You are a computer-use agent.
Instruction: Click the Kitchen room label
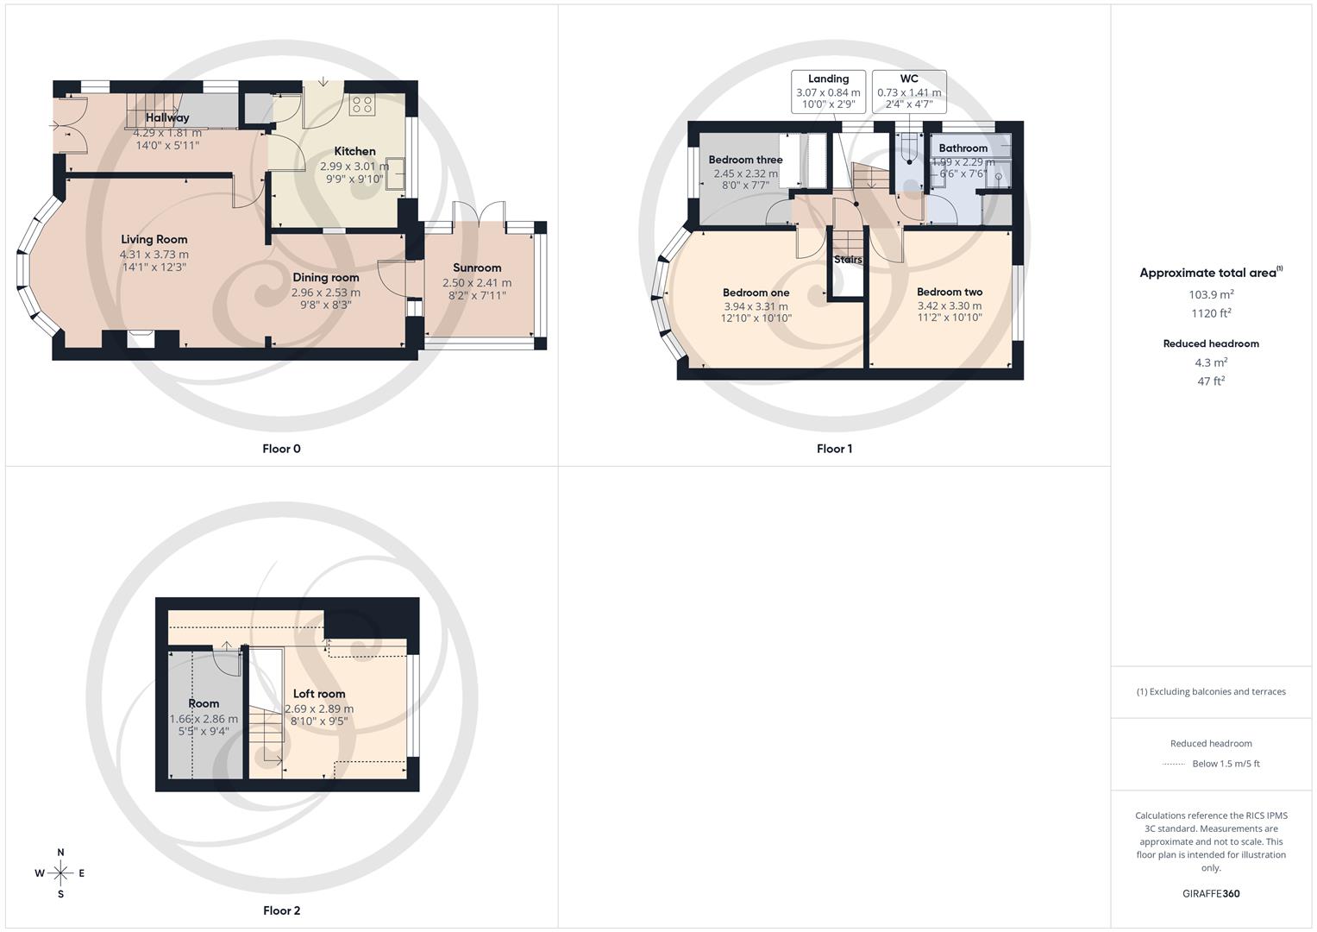pos(354,151)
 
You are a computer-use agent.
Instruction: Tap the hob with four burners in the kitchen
pos(361,104)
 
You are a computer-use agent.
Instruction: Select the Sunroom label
pos(477,268)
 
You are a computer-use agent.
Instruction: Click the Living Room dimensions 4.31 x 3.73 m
pos(154,255)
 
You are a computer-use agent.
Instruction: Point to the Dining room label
pos(326,277)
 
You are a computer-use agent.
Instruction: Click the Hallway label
pos(167,118)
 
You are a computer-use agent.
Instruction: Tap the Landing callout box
pos(828,91)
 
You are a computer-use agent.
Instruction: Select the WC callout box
pos(909,91)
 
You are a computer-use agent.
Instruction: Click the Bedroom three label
pos(745,160)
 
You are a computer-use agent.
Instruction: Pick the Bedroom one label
pos(756,293)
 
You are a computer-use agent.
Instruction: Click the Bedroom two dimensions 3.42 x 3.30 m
pos(950,305)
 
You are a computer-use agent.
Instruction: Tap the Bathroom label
pos(963,148)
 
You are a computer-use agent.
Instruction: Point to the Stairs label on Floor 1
pos(848,259)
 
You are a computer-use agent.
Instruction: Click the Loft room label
pos(319,694)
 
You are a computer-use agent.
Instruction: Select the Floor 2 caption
pos(282,910)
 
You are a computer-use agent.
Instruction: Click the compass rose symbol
pos(60,873)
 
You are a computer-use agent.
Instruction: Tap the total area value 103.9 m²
pos(1211,294)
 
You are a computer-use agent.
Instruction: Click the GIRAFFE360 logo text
pos(1211,894)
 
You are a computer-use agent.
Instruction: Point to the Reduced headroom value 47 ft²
pos(1211,381)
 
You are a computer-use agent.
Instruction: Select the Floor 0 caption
pos(282,449)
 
